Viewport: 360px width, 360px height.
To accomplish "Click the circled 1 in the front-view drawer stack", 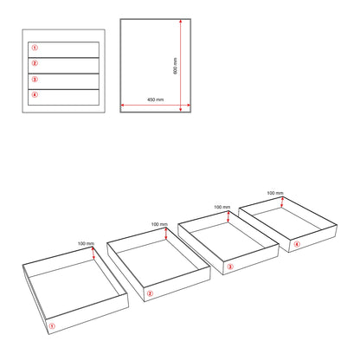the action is (x=35, y=48).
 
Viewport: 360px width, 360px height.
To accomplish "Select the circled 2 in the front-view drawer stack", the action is (x=35, y=63).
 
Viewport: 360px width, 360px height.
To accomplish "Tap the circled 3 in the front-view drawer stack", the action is (x=35, y=79).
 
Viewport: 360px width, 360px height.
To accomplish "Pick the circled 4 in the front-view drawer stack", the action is (x=35, y=94).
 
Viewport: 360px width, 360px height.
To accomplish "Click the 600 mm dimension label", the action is (x=175, y=66).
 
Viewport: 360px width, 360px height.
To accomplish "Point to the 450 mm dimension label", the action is (x=156, y=100).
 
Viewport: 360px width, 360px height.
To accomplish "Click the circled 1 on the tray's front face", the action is (x=52, y=326).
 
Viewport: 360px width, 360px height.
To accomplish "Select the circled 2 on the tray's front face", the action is (x=150, y=293).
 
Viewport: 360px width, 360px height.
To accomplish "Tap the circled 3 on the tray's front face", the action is (x=230, y=267).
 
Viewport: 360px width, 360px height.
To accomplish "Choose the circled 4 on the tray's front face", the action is (x=297, y=244).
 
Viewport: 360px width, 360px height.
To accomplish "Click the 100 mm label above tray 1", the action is (x=86, y=244).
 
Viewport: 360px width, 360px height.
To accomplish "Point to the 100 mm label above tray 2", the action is (x=159, y=224).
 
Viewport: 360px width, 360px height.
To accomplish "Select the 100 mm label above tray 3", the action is (x=222, y=207).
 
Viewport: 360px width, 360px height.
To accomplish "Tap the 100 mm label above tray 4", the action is (x=275, y=193).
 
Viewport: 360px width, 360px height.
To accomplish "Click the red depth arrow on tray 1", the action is (x=93, y=253).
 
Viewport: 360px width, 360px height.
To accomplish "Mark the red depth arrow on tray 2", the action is (x=166, y=234).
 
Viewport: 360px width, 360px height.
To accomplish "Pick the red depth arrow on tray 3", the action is (x=228, y=216).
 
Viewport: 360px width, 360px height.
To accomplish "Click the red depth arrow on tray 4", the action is (x=282, y=202).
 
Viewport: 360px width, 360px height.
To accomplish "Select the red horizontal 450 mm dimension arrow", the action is (x=156, y=105).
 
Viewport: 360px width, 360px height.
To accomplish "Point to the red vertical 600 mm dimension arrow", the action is (x=181, y=65).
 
